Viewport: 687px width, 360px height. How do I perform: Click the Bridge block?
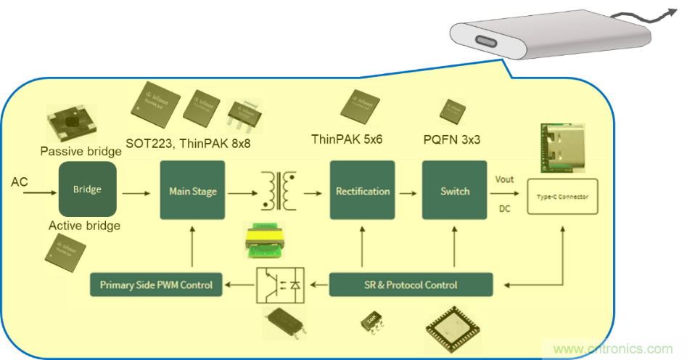pos(87,190)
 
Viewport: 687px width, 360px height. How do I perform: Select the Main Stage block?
pos(192,191)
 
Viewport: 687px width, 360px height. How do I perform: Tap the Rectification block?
pos(362,191)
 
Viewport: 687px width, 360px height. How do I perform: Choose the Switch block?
pos(455,191)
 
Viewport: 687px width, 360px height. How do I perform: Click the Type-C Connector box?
pos(562,196)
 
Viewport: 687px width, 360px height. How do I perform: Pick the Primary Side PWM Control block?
pos(156,285)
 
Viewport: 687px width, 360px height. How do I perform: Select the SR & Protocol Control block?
pos(411,285)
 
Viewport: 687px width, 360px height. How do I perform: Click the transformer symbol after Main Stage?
pos(279,190)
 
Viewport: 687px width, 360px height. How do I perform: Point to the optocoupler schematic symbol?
pos(280,285)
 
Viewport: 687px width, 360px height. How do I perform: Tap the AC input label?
pos(20,181)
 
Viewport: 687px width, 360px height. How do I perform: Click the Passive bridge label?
pos(81,152)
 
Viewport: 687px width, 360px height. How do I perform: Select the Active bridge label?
pos(84,226)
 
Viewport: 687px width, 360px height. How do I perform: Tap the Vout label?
pos(504,179)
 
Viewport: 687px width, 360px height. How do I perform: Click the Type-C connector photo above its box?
pos(561,149)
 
